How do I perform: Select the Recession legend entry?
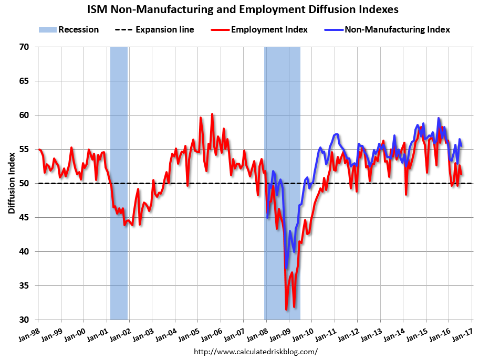point(69,29)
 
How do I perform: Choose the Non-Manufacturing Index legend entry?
point(388,29)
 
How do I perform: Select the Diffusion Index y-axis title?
point(12,184)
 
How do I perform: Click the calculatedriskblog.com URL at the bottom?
point(256,351)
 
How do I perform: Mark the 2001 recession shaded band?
point(119,184)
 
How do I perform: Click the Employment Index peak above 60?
point(212,114)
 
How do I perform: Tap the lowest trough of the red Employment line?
point(286,310)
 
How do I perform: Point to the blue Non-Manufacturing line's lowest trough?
point(286,268)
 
